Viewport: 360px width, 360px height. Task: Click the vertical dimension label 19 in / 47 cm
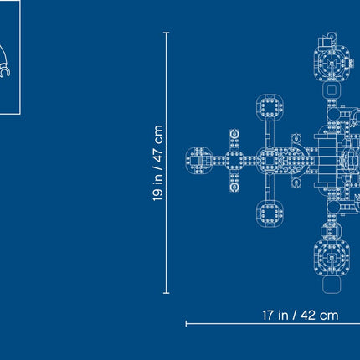pos(158,162)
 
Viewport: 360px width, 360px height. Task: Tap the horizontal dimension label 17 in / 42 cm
pos(301,316)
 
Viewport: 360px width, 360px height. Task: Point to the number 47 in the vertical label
pos(158,155)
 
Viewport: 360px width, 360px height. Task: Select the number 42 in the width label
pos(308,316)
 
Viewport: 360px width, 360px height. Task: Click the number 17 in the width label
pos(268,316)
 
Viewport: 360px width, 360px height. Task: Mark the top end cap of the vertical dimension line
pos(166,33)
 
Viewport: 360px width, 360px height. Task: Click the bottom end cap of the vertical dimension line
pos(166,293)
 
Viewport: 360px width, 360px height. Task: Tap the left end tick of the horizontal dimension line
pos(186,324)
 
